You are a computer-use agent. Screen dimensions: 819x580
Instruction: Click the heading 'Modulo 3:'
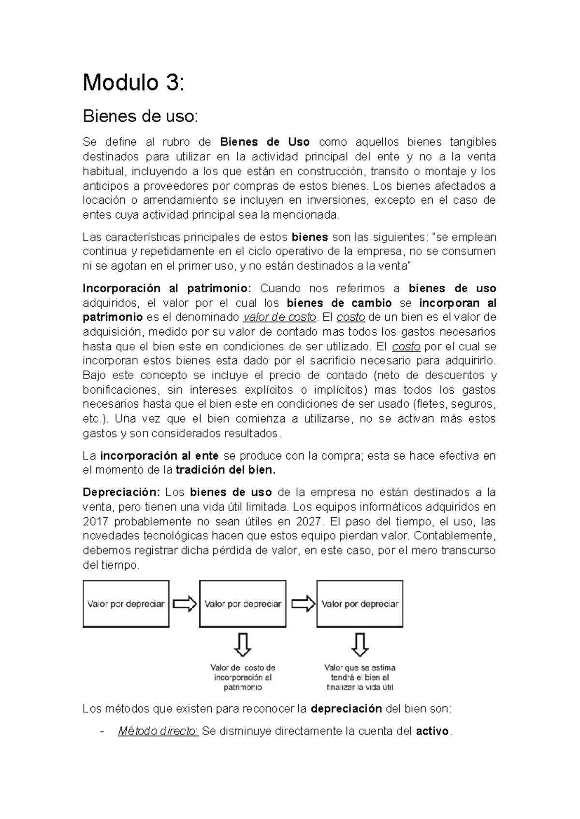133,83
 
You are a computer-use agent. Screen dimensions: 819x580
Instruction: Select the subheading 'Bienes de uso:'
140,116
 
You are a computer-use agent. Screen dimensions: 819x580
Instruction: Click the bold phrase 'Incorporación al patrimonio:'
167,289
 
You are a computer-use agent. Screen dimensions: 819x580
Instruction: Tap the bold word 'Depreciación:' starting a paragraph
121,493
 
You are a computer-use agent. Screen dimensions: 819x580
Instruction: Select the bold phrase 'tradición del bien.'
225,470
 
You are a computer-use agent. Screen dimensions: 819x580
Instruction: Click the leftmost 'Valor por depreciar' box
126,604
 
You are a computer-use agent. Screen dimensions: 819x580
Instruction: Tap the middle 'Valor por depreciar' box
243,604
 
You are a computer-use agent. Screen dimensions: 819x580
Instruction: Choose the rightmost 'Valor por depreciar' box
360,604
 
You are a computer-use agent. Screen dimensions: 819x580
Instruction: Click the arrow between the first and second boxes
185,604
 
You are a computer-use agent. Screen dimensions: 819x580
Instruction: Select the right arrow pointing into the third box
303,604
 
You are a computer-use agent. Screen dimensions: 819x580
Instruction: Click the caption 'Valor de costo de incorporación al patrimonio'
243,678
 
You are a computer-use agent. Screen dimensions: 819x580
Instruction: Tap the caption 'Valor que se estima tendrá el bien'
360,678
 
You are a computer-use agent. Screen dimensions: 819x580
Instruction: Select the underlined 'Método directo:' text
158,732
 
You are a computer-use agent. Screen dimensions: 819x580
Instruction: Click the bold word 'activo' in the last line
432,732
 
